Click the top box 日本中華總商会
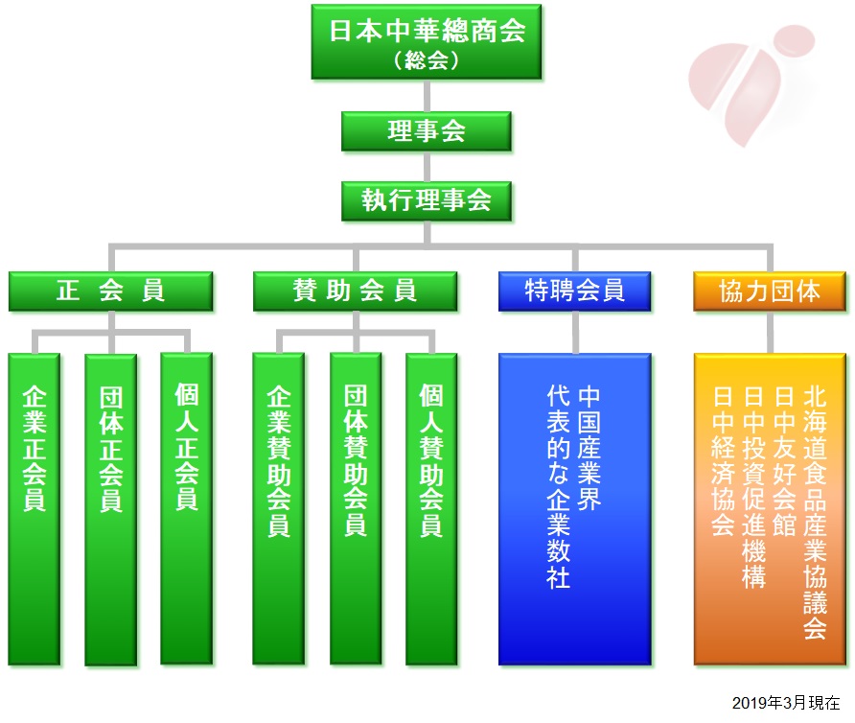coord(427,42)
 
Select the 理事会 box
coord(427,131)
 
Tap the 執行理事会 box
coord(427,200)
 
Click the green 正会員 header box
coord(110,291)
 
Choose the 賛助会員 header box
coord(355,291)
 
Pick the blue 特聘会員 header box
coord(575,291)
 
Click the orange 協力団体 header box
coord(770,291)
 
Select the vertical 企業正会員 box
coord(34,509)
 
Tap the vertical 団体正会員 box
coord(110,509)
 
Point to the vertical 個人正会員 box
coord(187,509)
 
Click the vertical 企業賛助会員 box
coord(279,509)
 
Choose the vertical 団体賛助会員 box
coord(356,509)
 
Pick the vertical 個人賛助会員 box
coord(431,509)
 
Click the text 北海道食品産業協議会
coord(815,513)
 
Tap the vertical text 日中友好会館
coord(784,461)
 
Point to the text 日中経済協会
coord(723,461)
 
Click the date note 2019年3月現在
coord(785,703)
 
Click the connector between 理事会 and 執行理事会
coord(427,167)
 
